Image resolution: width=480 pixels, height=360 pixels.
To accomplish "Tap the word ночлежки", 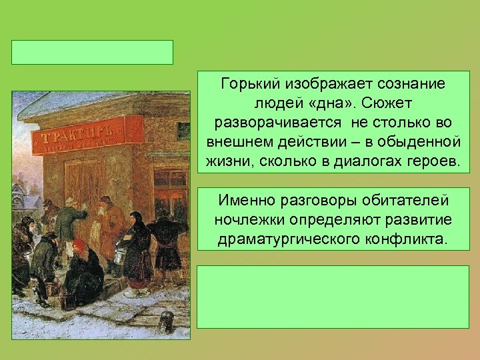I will [246, 220].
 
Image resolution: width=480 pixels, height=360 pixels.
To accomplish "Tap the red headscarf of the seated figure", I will [79, 246].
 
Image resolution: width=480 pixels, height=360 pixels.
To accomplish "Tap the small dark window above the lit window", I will [183, 131].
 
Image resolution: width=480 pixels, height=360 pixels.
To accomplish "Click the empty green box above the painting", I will [92, 52].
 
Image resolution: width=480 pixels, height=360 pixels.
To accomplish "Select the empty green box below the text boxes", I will [333, 297].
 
